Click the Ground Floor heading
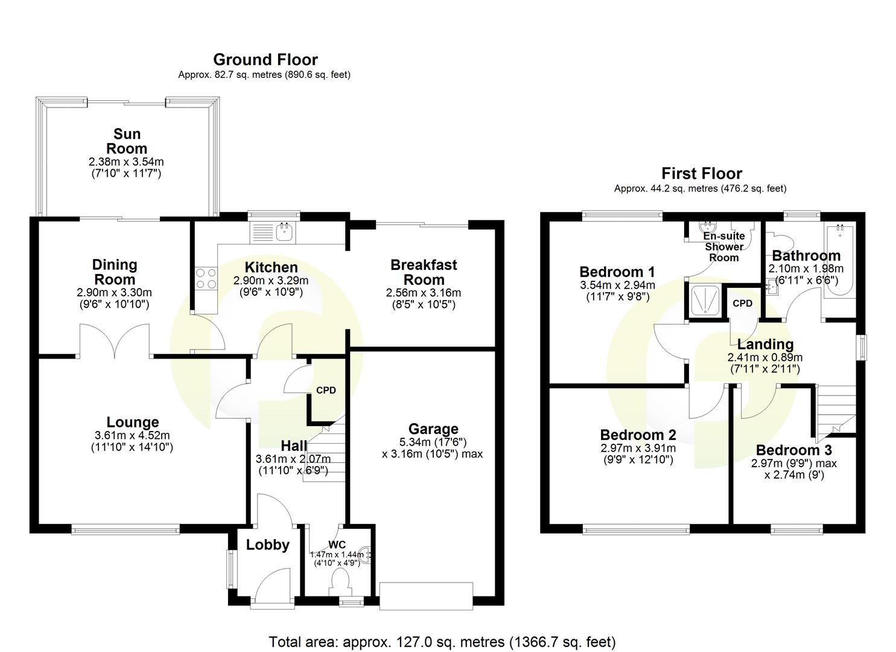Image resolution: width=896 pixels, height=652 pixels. (x=265, y=60)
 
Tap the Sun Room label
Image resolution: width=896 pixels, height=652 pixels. (x=127, y=141)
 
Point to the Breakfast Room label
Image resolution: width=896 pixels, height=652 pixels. (x=424, y=272)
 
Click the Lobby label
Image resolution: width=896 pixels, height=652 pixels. (x=267, y=545)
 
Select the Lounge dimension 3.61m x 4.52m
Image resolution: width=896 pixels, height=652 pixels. (x=132, y=436)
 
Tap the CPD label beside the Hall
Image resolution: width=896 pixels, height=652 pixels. (x=326, y=390)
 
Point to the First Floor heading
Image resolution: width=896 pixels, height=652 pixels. (x=701, y=174)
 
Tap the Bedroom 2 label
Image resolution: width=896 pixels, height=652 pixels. (x=638, y=435)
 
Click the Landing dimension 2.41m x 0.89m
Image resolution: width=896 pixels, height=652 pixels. (x=764, y=357)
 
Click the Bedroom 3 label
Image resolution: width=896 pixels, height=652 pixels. (x=793, y=450)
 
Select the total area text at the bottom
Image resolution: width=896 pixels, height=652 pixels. (x=442, y=642)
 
